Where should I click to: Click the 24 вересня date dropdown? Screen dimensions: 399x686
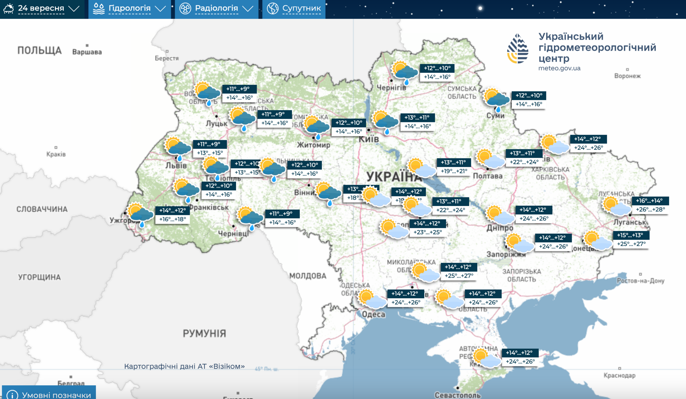click(41, 8)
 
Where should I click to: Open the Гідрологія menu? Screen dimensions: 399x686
click(130, 8)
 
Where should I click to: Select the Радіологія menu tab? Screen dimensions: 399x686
click(216, 8)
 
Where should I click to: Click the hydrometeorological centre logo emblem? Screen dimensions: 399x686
click(518, 49)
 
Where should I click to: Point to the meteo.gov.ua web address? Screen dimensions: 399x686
click(559, 68)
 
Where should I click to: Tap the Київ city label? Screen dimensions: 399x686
click(368, 139)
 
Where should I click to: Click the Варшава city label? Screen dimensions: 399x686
click(87, 52)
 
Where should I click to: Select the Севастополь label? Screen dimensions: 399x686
click(457, 395)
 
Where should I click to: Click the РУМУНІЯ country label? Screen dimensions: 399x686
click(204, 334)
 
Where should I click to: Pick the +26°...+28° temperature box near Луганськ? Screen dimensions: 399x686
click(650, 209)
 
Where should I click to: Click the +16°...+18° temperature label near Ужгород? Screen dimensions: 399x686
click(173, 219)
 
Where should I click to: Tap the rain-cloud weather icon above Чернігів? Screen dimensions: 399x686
click(405, 72)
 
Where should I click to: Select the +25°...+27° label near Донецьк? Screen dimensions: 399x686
click(631, 244)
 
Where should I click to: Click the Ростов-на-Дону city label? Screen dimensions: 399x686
click(640, 281)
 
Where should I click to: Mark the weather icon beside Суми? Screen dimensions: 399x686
click(496, 99)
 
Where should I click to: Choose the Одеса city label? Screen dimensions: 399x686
click(374, 314)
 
